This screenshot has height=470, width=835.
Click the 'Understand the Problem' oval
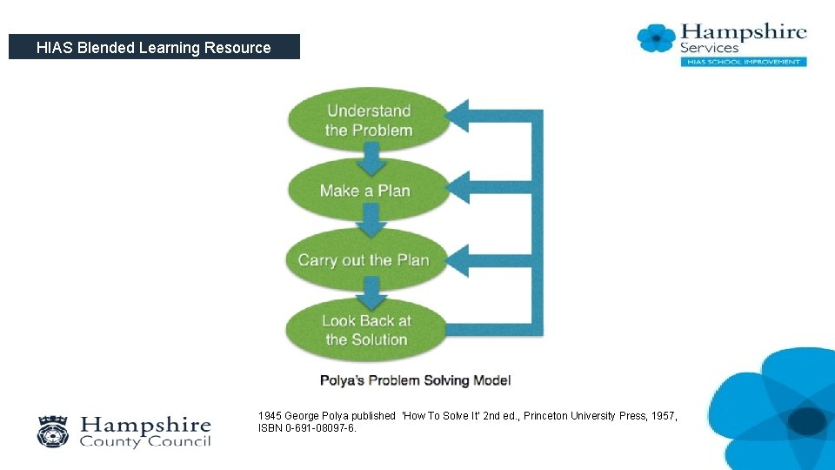tap(369, 120)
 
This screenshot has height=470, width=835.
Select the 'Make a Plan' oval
tap(365, 191)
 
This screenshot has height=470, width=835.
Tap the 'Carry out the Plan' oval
tap(364, 259)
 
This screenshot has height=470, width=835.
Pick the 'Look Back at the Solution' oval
tap(366, 330)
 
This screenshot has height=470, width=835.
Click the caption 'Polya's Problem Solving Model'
tap(415, 380)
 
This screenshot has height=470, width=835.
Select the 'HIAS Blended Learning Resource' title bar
tap(154, 47)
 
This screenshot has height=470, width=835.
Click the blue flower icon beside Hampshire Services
tap(656, 38)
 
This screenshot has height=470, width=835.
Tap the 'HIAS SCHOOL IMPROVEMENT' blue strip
tap(743, 62)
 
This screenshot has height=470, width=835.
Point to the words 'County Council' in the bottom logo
tap(145, 441)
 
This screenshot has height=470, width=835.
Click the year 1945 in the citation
tap(270, 416)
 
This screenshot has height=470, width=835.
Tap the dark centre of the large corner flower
tap(808, 421)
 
